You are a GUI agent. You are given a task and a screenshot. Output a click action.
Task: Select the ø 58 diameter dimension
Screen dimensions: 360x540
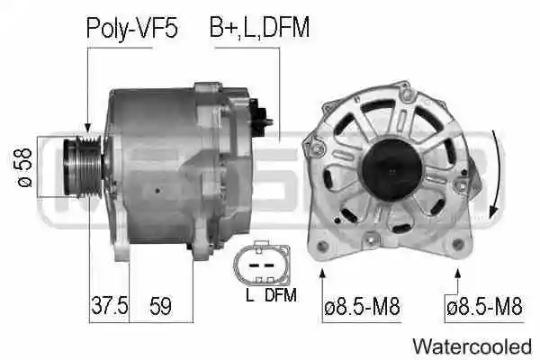tap(24, 165)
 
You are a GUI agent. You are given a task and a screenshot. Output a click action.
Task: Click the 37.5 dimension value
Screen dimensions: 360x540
tap(108, 306)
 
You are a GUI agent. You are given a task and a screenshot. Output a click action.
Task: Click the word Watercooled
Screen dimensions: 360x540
tap(472, 345)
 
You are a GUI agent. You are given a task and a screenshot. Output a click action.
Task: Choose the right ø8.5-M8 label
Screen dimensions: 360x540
tap(483, 307)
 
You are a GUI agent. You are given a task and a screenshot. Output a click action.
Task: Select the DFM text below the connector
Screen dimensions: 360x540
tap(280, 292)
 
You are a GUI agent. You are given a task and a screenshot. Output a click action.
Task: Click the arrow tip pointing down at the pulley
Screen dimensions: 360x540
tap(88, 130)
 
